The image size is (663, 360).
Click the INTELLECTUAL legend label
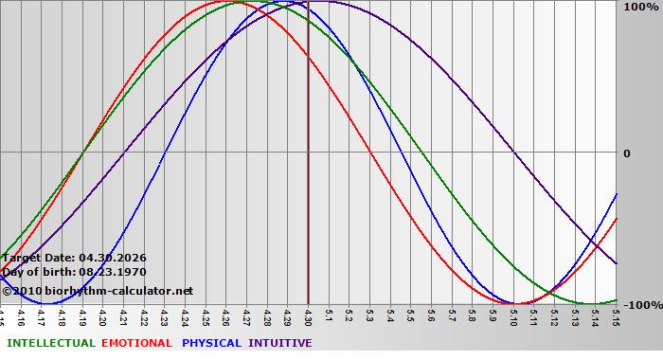(50, 343)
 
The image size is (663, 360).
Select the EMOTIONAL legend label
(136, 343)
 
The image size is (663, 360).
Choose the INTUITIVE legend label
(280, 343)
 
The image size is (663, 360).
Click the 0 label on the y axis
(626, 153)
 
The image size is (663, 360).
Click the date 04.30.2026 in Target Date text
(112, 258)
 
